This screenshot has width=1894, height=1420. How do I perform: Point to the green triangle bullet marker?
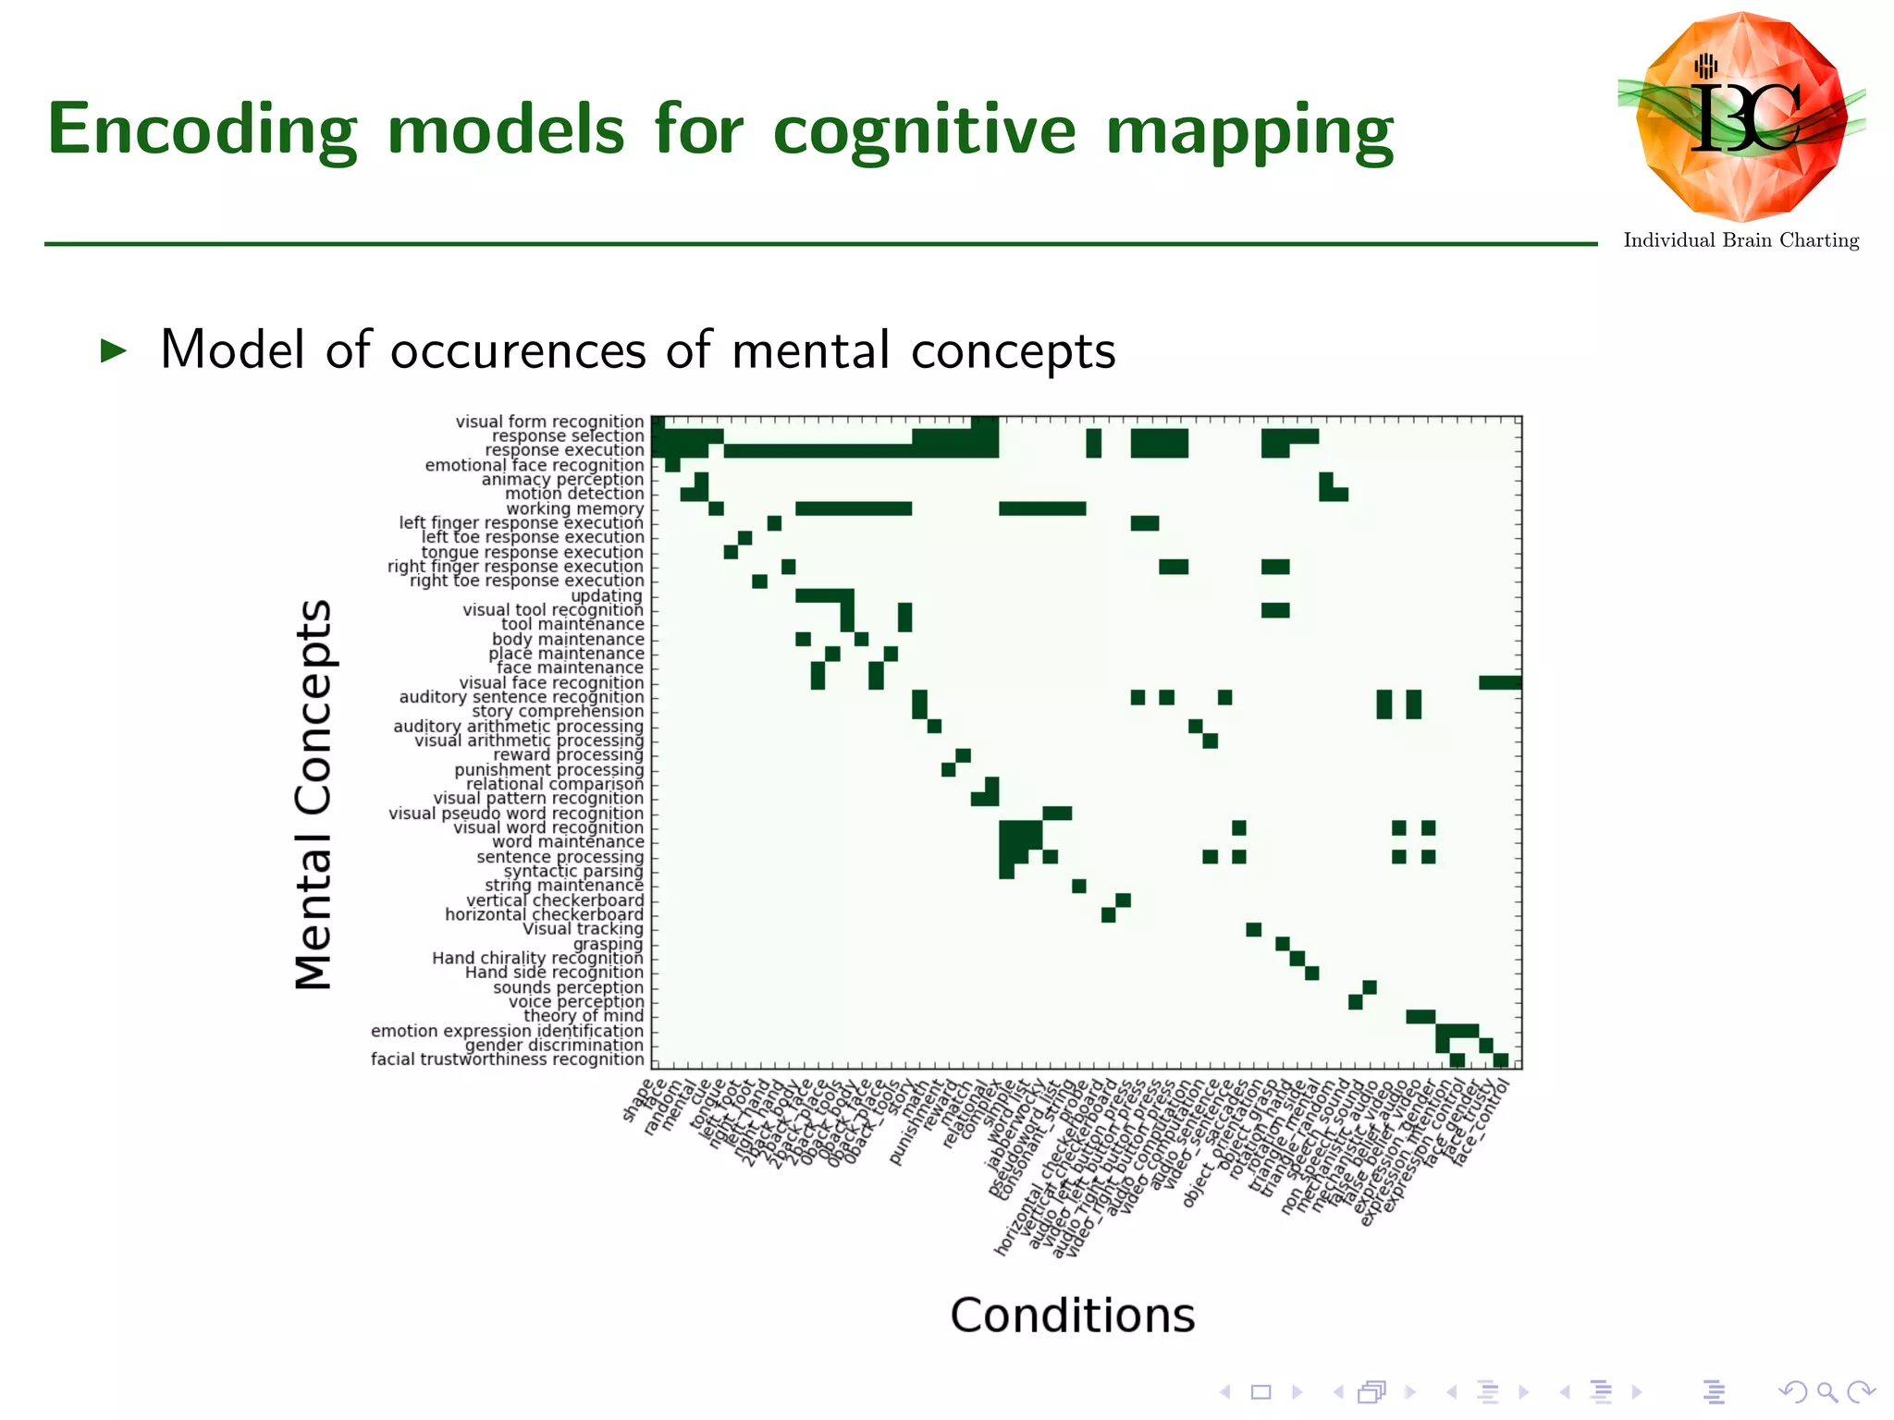113,350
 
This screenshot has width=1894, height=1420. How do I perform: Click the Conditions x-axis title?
1072,1315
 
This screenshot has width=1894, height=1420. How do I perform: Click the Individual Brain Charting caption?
1740,240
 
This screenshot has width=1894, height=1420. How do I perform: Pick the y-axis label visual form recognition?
549,422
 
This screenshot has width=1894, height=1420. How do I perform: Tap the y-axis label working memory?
574,508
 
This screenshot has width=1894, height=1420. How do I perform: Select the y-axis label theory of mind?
583,1015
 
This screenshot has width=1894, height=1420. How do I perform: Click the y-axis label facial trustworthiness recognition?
507,1059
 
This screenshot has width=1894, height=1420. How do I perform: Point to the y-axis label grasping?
608,944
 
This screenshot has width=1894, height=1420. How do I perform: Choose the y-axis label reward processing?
568,754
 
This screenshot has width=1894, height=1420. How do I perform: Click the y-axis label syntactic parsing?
572,871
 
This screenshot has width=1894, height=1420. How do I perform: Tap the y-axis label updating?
606,595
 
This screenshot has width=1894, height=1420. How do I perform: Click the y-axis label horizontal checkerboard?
544,914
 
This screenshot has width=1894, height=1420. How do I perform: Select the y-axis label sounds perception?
568,987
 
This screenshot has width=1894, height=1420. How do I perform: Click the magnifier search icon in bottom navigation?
1826,1391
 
